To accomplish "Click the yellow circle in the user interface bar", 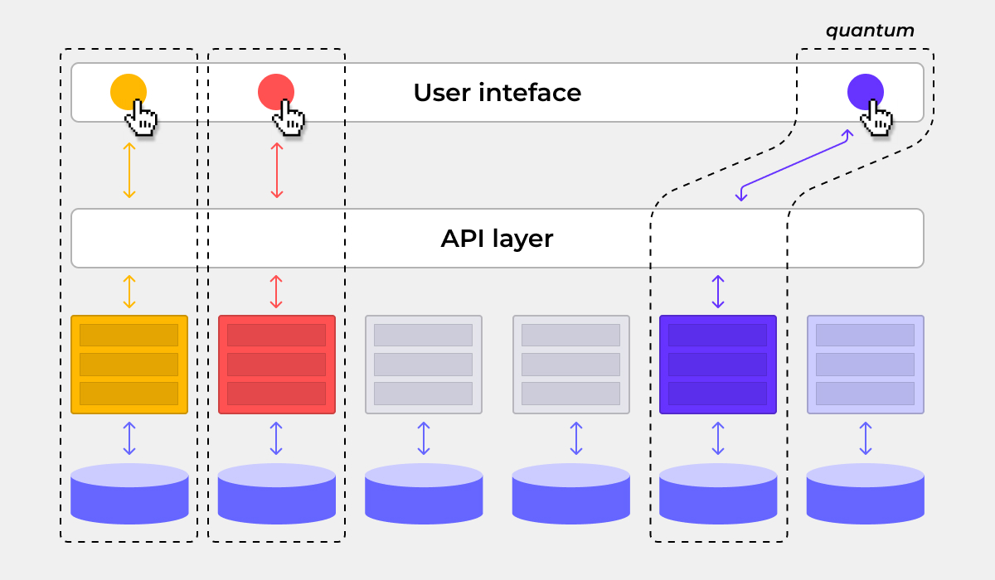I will [126, 89].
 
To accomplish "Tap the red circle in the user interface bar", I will [274, 89].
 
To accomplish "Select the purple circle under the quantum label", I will [863, 89].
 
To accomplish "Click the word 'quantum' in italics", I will [870, 31].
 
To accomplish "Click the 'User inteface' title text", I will [498, 92].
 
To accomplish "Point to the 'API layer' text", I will [497, 239].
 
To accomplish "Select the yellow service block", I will [129, 365].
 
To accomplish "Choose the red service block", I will [277, 365].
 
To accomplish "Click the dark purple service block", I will [718, 365].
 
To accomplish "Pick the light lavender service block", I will [866, 365].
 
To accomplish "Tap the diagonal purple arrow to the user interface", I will [794, 164].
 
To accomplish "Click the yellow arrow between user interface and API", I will [129, 170].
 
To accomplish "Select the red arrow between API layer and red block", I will [277, 292].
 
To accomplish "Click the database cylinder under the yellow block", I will [129, 495].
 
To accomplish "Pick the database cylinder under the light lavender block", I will [866, 495].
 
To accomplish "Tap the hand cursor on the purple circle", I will [876, 118].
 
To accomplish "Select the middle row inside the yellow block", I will [129, 365].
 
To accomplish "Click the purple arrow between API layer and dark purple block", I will [718, 292].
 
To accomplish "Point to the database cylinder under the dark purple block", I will [718, 495].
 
